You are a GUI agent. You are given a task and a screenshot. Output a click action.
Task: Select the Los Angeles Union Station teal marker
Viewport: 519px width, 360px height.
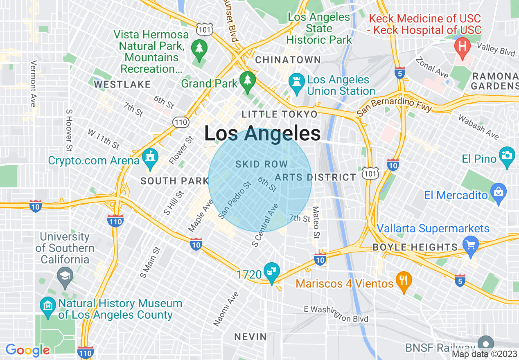(x=295, y=81)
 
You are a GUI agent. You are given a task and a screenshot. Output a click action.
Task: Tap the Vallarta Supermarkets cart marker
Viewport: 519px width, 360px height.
(x=471, y=245)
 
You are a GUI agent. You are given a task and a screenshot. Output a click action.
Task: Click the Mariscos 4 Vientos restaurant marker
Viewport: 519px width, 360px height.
(x=404, y=281)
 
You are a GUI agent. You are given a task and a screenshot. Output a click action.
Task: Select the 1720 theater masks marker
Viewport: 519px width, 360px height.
(x=271, y=271)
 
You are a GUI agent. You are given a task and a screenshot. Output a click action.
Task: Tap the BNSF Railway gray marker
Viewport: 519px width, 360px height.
(x=486, y=344)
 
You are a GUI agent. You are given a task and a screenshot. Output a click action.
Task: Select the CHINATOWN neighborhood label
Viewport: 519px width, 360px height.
(x=288, y=60)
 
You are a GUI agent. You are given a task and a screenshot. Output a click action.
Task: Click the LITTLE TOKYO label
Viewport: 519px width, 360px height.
(x=280, y=114)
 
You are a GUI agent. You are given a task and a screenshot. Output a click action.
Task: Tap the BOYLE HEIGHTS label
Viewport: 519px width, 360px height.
(x=415, y=247)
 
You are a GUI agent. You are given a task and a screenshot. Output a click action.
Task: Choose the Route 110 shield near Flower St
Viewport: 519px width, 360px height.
(x=180, y=122)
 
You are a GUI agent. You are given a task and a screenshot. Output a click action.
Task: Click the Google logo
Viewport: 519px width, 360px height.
(x=27, y=350)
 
